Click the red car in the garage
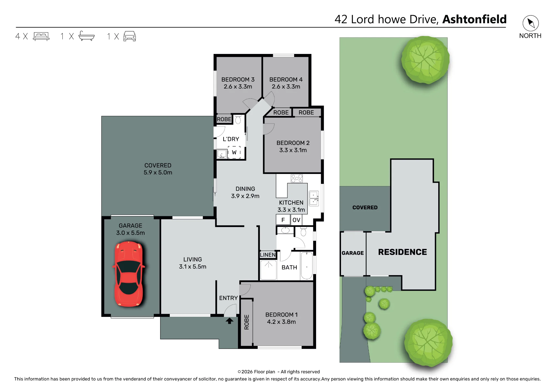coord(129,274)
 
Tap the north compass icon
coord(530,23)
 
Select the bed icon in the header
coord(41,36)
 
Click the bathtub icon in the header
coord(87,36)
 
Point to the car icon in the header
coord(130,36)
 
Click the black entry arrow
coord(229,321)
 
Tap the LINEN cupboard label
coord(268,255)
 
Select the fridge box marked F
coord(283,220)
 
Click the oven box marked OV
coord(296,220)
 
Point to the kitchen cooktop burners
coord(297,178)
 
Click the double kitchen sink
coord(314,198)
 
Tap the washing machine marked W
coord(234,152)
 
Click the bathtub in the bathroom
coord(307,266)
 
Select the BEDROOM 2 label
coord(293,143)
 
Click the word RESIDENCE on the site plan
coord(402,252)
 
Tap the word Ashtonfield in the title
coord(475,19)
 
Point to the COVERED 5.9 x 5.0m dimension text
coord(158,173)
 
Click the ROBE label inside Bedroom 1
coord(247,322)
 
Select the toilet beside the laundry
coord(238,119)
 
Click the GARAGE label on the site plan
coord(353,253)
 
